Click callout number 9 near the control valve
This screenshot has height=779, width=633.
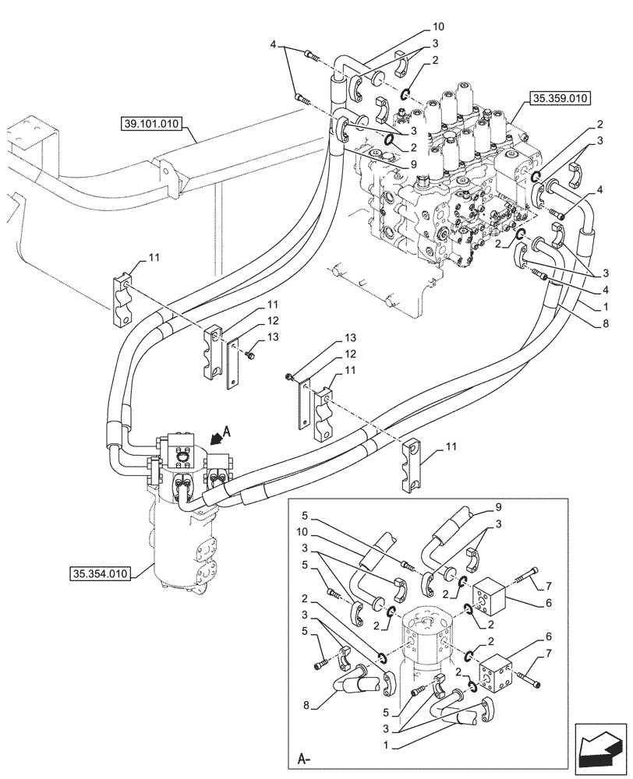414,164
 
